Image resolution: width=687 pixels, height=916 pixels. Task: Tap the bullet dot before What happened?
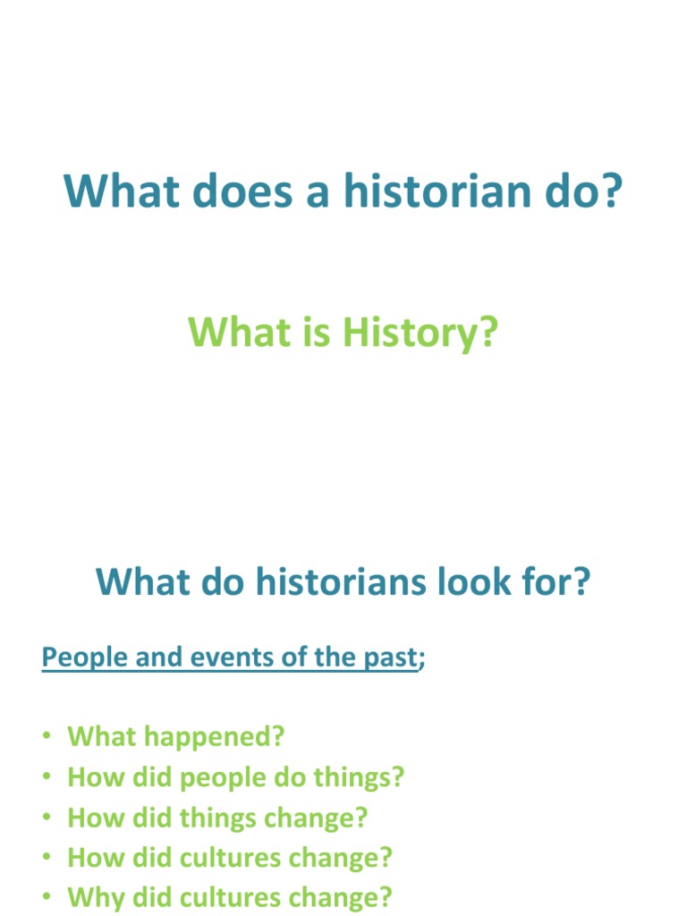click(x=47, y=738)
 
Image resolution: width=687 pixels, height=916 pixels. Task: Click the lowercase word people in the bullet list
click(x=223, y=778)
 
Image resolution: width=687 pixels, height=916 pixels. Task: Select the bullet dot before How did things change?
click(x=47, y=818)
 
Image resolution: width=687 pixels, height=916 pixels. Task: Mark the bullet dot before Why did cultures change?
click(x=47, y=898)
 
